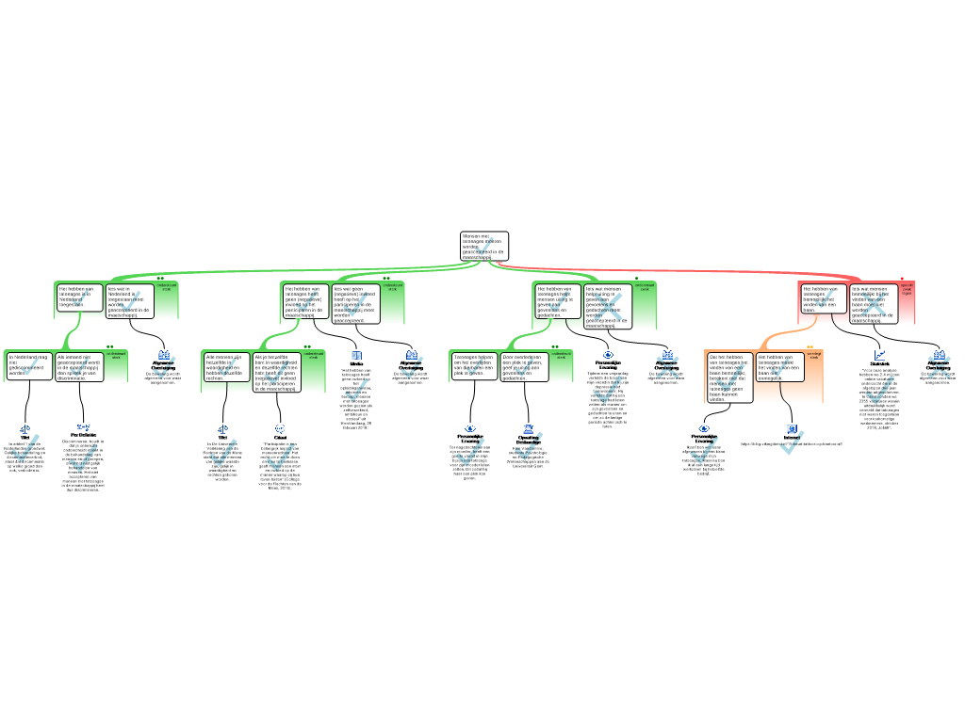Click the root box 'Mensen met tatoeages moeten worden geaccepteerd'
(484, 246)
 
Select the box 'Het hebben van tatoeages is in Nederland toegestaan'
(79, 297)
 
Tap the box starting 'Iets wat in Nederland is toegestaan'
(129, 301)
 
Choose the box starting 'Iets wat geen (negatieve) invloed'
(356, 303)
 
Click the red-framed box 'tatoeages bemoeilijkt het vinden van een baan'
(822, 298)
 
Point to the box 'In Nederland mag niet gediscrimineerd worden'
(29, 365)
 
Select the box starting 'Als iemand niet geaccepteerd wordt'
(79, 366)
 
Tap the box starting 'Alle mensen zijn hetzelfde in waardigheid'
(226, 366)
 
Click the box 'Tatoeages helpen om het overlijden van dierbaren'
(473, 365)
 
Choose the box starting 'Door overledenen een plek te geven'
(523, 366)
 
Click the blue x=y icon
(83, 427)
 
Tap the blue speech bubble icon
(280, 428)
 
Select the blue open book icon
(356, 356)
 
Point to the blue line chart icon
(879, 355)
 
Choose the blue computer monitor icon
(792, 429)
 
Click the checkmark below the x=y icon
(83, 457)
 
